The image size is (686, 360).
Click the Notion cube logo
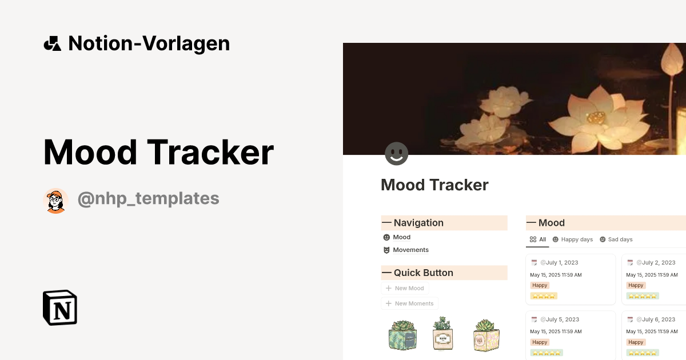pos(60,307)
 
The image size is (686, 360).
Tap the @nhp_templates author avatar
pos(56,201)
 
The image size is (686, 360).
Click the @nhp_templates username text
pos(148,198)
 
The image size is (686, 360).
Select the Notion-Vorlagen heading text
pos(149,43)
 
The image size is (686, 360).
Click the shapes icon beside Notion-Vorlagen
pos(52,43)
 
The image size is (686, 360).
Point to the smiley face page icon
pos(396,154)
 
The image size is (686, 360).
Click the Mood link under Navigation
pos(401,237)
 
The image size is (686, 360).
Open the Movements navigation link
pos(410,250)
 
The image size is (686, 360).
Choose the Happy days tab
pos(572,239)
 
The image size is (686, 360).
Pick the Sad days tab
pos(616,239)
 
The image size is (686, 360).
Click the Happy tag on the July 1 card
pos(540,285)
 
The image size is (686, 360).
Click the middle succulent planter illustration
pos(442,334)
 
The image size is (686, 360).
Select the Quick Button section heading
pos(423,273)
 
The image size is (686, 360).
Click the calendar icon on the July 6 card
pos(630,319)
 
